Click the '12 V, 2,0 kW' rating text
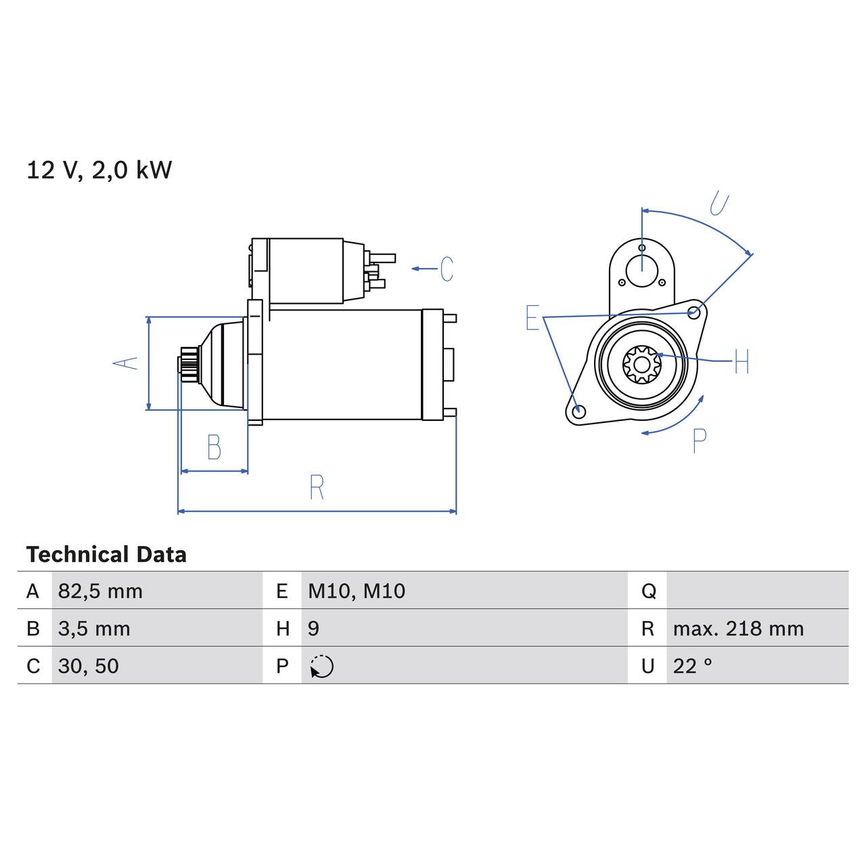[x=99, y=170]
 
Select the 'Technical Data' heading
[x=106, y=555]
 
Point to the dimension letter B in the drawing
[x=214, y=447]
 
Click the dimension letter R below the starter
[x=317, y=487]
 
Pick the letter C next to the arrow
[x=447, y=269]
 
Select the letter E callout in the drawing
[x=532, y=318]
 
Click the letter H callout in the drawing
[x=742, y=362]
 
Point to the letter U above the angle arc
[x=720, y=204]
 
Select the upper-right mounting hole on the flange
[x=693, y=313]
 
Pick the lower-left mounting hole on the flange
[x=578, y=411]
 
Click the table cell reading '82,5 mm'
[x=100, y=591]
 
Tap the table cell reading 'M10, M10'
[x=357, y=591]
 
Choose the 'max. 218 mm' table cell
[x=738, y=629]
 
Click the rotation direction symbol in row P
[x=322, y=666]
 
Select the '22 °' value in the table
[x=692, y=666]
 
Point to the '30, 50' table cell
[x=89, y=666]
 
